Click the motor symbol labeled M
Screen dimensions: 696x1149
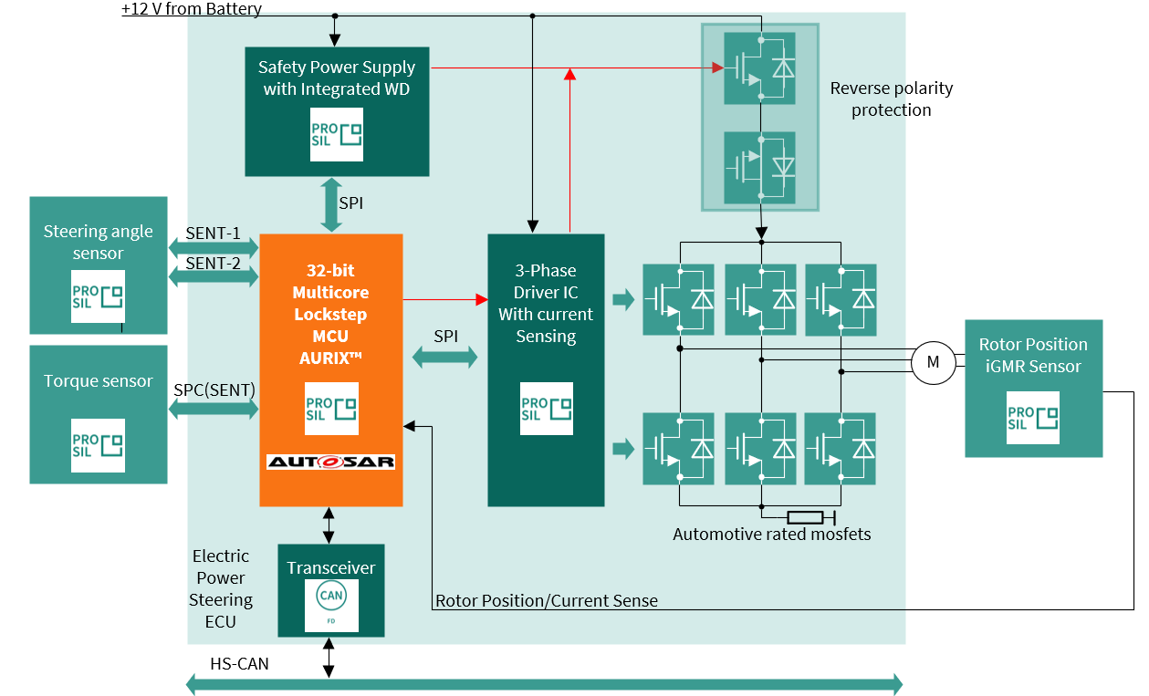tap(933, 362)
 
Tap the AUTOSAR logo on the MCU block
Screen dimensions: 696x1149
tap(330, 462)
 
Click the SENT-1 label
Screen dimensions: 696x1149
tap(213, 234)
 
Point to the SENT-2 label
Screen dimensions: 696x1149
tap(213, 263)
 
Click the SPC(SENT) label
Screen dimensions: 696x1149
tap(214, 390)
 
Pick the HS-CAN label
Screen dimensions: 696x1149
tap(239, 664)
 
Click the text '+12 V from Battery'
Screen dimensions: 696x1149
tap(192, 9)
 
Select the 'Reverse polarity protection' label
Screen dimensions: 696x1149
tap(891, 99)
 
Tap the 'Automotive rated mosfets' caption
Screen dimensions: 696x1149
tap(771, 534)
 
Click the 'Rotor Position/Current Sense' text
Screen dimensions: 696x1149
tap(546, 600)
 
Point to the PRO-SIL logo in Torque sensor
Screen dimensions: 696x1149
tap(99, 445)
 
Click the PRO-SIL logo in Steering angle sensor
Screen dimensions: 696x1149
tap(99, 296)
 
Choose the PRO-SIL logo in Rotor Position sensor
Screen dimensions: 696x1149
tap(1033, 418)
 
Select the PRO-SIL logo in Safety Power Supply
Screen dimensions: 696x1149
tap(336, 134)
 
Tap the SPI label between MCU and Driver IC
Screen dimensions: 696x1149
tap(445, 336)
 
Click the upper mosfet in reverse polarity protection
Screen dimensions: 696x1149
tap(759, 68)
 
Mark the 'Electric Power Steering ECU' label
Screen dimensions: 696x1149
tap(221, 588)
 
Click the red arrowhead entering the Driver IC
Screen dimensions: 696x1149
tap(482, 298)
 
